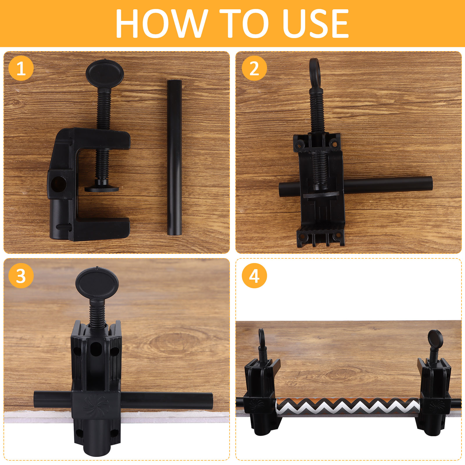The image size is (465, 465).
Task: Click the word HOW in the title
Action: coord(162,23)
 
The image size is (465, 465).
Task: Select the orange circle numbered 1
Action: coord(21,69)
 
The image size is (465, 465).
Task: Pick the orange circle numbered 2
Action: coord(254,68)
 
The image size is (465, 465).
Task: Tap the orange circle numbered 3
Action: coord(21,276)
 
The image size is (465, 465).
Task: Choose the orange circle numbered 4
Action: coord(254,276)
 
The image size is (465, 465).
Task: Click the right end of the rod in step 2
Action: coord(430,183)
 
